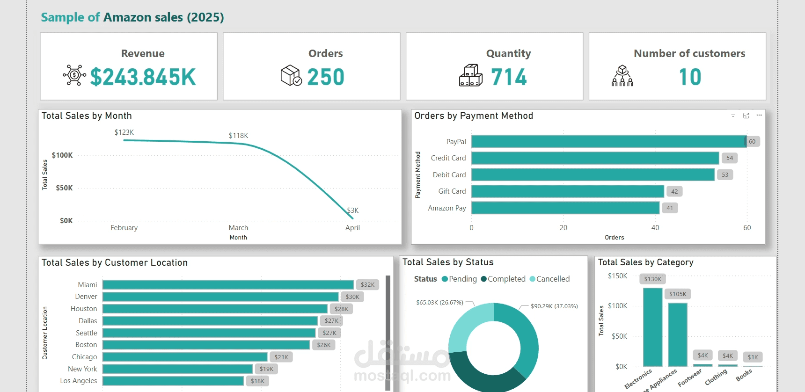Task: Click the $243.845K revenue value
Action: pos(143,77)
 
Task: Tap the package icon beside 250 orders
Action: pos(291,75)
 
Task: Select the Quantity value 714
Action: pos(509,77)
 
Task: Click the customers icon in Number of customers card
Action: pos(622,76)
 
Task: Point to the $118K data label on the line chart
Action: pos(238,136)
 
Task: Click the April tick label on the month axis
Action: pos(352,228)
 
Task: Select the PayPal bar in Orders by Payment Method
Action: pos(609,141)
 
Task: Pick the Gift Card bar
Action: pos(568,191)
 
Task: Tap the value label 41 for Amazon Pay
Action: pos(670,208)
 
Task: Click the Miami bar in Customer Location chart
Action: pos(228,285)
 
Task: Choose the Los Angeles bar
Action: pos(173,381)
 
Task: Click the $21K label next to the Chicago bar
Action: pos(281,357)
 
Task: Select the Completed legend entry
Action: pos(503,279)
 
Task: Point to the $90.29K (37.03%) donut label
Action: pos(554,306)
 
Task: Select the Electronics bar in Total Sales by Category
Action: pos(652,327)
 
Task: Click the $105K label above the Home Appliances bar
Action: pos(678,294)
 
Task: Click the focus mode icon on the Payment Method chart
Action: pos(746,115)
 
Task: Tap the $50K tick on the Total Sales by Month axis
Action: pos(64,188)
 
